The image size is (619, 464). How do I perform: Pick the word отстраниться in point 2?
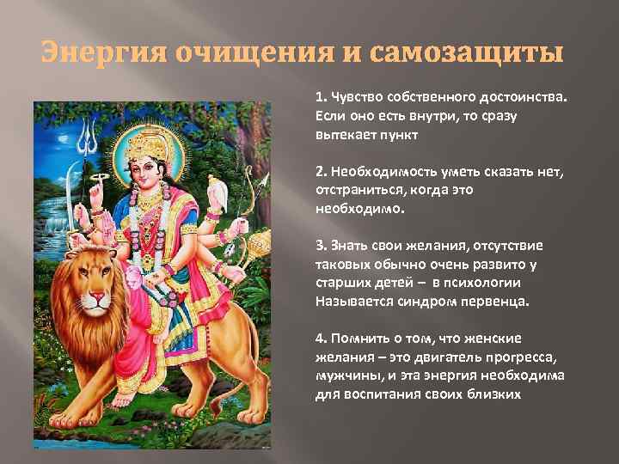[353, 187]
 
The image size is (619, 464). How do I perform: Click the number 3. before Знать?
[319, 246]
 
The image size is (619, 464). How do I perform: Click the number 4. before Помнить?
[320, 338]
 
